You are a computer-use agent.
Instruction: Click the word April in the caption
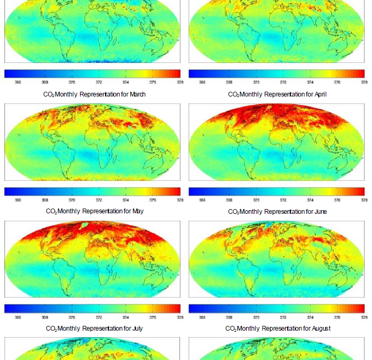(319, 94)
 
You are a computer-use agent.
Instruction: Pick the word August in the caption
(319, 329)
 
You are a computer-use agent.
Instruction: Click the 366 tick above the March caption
(18, 82)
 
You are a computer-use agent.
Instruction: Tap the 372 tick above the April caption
(283, 82)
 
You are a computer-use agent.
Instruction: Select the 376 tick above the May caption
(153, 200)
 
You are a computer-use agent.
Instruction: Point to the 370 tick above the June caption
(256, 200)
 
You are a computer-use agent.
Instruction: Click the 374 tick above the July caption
(126, 317)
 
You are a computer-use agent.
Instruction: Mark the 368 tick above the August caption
(229, 317)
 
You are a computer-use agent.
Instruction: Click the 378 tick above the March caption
(180, 82)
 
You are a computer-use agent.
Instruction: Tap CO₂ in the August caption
(232, 329)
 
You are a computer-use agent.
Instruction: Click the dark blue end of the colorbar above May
(7, 191)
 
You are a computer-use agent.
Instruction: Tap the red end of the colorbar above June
(361, 191)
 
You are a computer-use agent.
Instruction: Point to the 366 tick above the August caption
(202, 317)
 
